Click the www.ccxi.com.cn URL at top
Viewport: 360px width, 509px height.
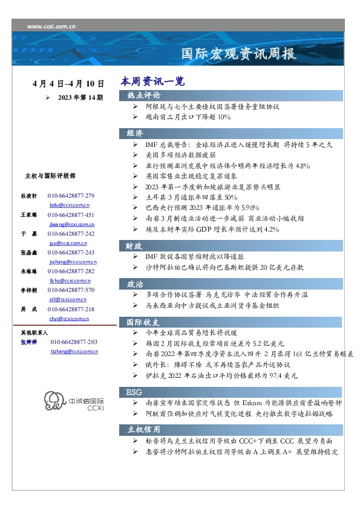(x=53, y=27)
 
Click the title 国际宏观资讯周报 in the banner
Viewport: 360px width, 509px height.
(x=239, y=54)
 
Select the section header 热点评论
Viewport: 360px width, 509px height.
(x=143, y=96)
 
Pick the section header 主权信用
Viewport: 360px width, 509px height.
(x=143, y=429)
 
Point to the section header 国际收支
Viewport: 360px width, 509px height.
(x=143, y=322)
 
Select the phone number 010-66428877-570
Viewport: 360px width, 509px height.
(x=71, y=290)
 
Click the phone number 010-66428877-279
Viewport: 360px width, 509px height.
(x=71, y=196)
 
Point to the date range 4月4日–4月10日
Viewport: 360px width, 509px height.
(x=68, y=84)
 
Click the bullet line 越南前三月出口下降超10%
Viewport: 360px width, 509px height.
(x=188, y=117)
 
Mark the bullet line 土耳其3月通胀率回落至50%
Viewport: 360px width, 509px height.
(x=192, y=198)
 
